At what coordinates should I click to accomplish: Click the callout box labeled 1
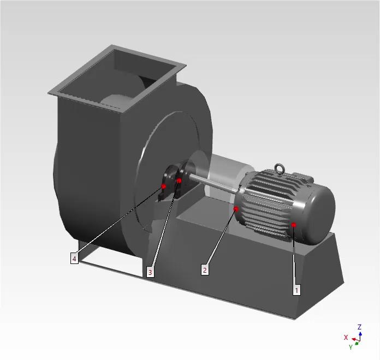point(296,290)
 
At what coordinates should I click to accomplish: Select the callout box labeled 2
point(205,270)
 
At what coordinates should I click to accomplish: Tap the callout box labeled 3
point(150,272)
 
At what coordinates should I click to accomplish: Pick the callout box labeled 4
point(74,259)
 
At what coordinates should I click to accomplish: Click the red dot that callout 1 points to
point(294,224)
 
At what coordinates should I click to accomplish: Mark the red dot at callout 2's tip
point(236,209)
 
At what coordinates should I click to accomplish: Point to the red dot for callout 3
point(179,181)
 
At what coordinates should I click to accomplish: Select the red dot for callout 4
point(164,187)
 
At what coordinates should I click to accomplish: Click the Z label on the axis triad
point(359,327)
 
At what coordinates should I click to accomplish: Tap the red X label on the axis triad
point(346,338)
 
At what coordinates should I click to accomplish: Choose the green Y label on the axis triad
point(351,347)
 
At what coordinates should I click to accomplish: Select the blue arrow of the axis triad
point(360,334)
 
